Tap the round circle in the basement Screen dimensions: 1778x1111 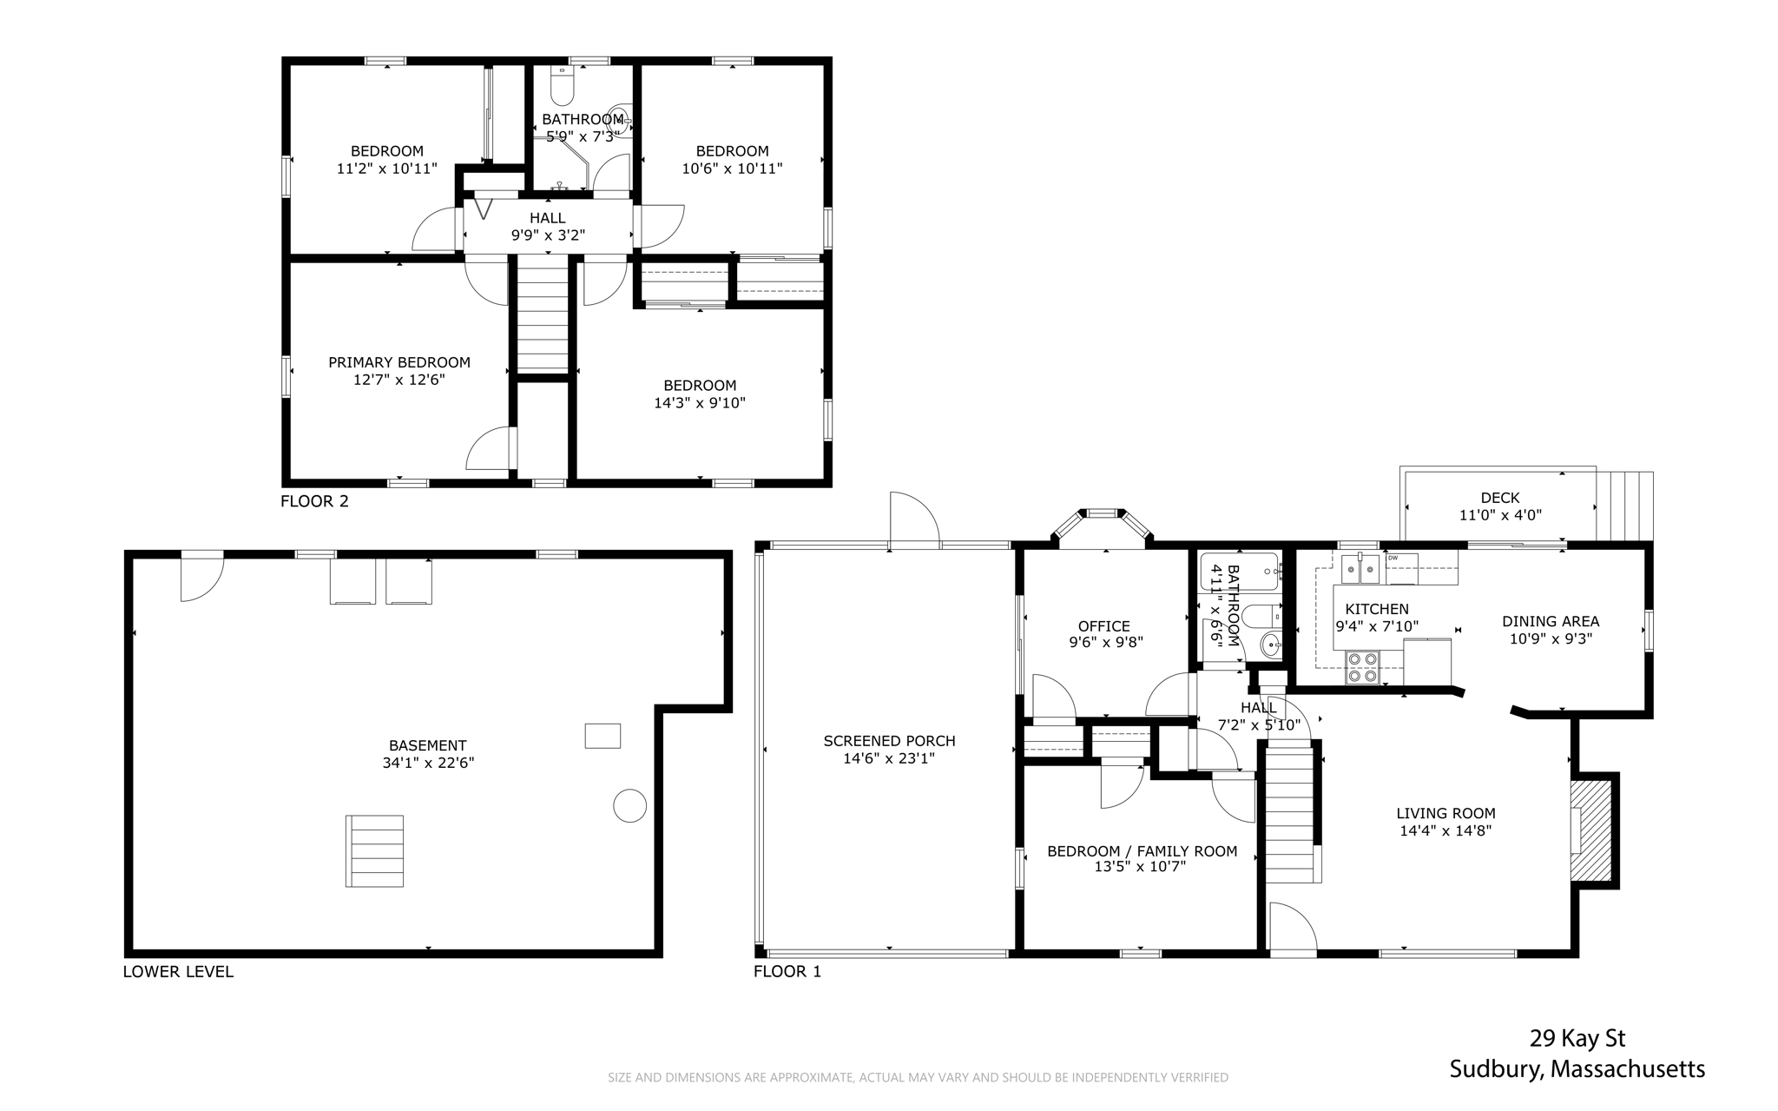629,805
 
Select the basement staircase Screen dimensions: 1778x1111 374,850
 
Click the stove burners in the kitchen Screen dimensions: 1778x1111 1361,667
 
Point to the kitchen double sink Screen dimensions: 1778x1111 1360,570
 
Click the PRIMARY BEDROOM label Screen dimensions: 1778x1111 399,362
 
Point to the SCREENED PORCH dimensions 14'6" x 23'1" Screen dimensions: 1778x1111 889,758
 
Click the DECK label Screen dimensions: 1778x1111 1500,498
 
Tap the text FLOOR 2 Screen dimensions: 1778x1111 314,501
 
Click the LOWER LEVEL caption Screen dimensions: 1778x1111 178,971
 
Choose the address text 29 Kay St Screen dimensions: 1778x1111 1577,1038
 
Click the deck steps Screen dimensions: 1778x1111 1624,506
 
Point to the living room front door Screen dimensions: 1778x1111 1294,929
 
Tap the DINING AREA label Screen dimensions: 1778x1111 1551,621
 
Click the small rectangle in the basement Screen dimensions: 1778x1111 603,736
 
